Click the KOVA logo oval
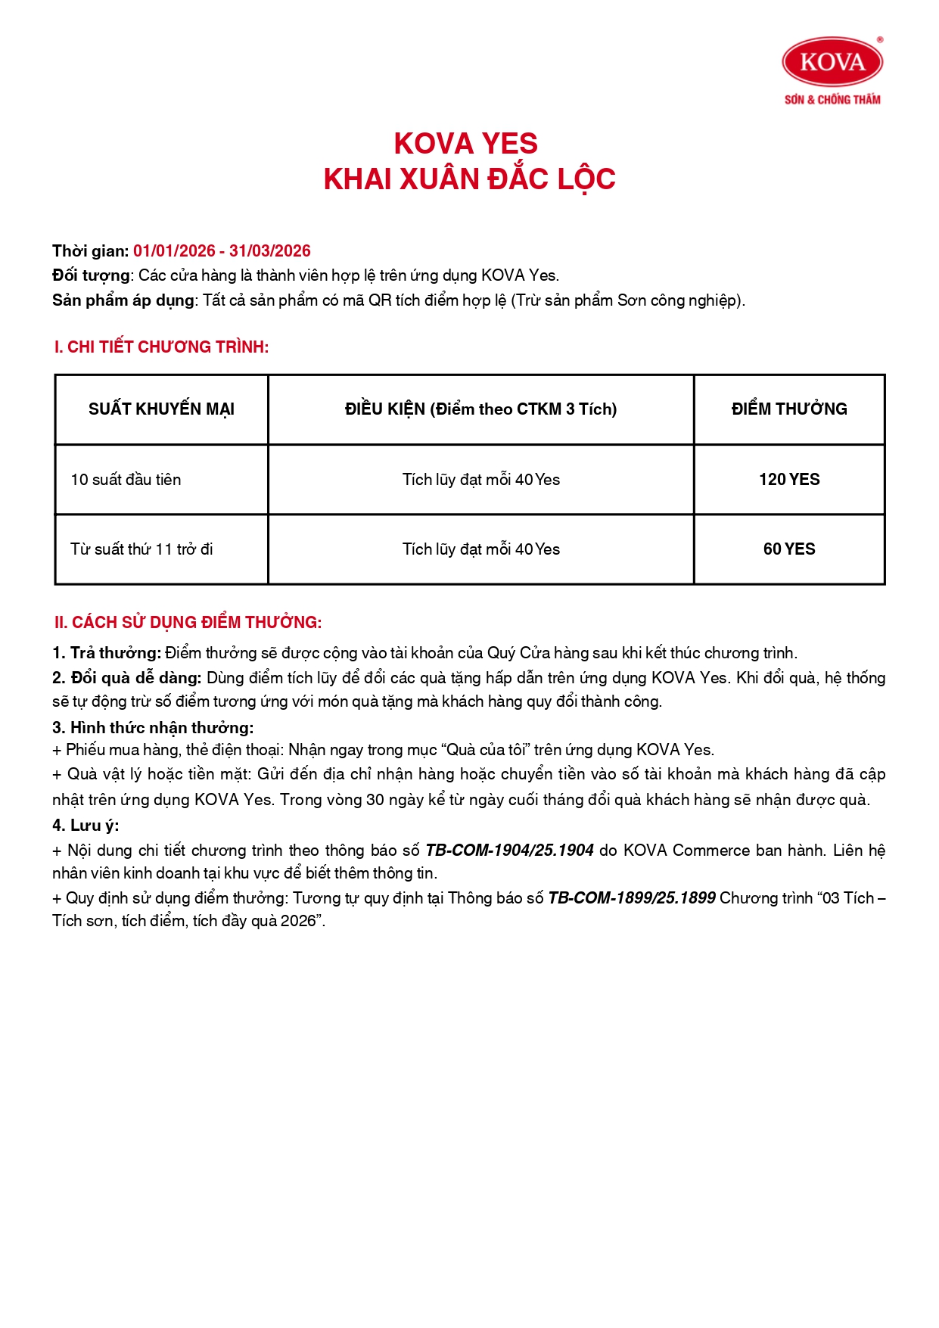pos(832,61)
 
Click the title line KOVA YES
pos(465,144)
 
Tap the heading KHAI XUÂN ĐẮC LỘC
pos(469,179)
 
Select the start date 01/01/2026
pos(174,251)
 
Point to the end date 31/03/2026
pos(270,251)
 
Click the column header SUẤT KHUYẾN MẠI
pos(161,409)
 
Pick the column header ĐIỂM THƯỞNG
pos(789,409)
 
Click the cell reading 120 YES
pos(789,480)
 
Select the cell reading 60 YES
pos(789,549)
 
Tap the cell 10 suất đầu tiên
pos(126,480)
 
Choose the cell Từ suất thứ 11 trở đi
pos(141,549)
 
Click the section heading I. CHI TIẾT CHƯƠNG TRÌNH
pos(161,347)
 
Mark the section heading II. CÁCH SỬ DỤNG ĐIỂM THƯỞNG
pos(188,623)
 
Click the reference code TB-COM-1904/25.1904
pos(509,851)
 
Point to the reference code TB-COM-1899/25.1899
pos(631,898)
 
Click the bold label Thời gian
pos(90,251)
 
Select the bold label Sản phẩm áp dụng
pos(123,300)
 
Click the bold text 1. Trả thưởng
pos(107,653)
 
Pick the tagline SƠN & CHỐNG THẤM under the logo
pos(832,100)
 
